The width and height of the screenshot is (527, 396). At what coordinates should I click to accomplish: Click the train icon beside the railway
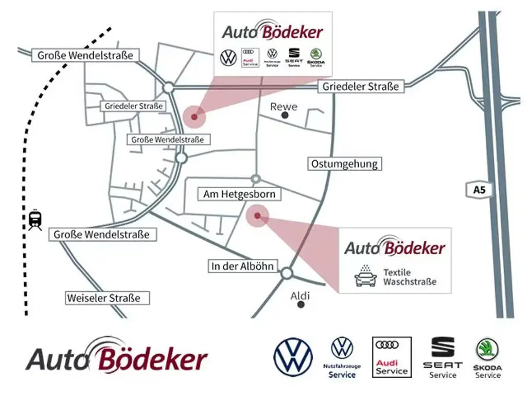[35, 220]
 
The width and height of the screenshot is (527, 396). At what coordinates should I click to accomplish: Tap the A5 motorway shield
[479, 190]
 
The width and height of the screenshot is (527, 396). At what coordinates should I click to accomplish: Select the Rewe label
[284, 107]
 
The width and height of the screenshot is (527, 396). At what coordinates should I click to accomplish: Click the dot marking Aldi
[301, 305]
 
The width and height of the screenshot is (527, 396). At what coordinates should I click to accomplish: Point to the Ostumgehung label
[345, 164]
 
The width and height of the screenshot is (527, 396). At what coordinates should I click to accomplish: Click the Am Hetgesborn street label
[239, 194]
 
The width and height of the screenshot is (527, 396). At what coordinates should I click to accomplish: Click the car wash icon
[365, 276]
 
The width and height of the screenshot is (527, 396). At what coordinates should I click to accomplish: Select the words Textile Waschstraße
[410, 277]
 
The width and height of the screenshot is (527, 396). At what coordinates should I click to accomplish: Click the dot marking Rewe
[285, 116]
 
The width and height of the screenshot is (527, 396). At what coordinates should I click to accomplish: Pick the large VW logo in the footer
[293, 357]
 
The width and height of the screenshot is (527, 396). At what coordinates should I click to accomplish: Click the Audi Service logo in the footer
[392, 357]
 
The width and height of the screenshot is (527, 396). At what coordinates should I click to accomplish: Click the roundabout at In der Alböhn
[287, 273]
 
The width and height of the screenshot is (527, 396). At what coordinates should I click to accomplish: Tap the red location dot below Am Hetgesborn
[257, 217]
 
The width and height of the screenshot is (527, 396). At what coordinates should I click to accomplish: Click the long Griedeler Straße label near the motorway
[360, 87]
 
